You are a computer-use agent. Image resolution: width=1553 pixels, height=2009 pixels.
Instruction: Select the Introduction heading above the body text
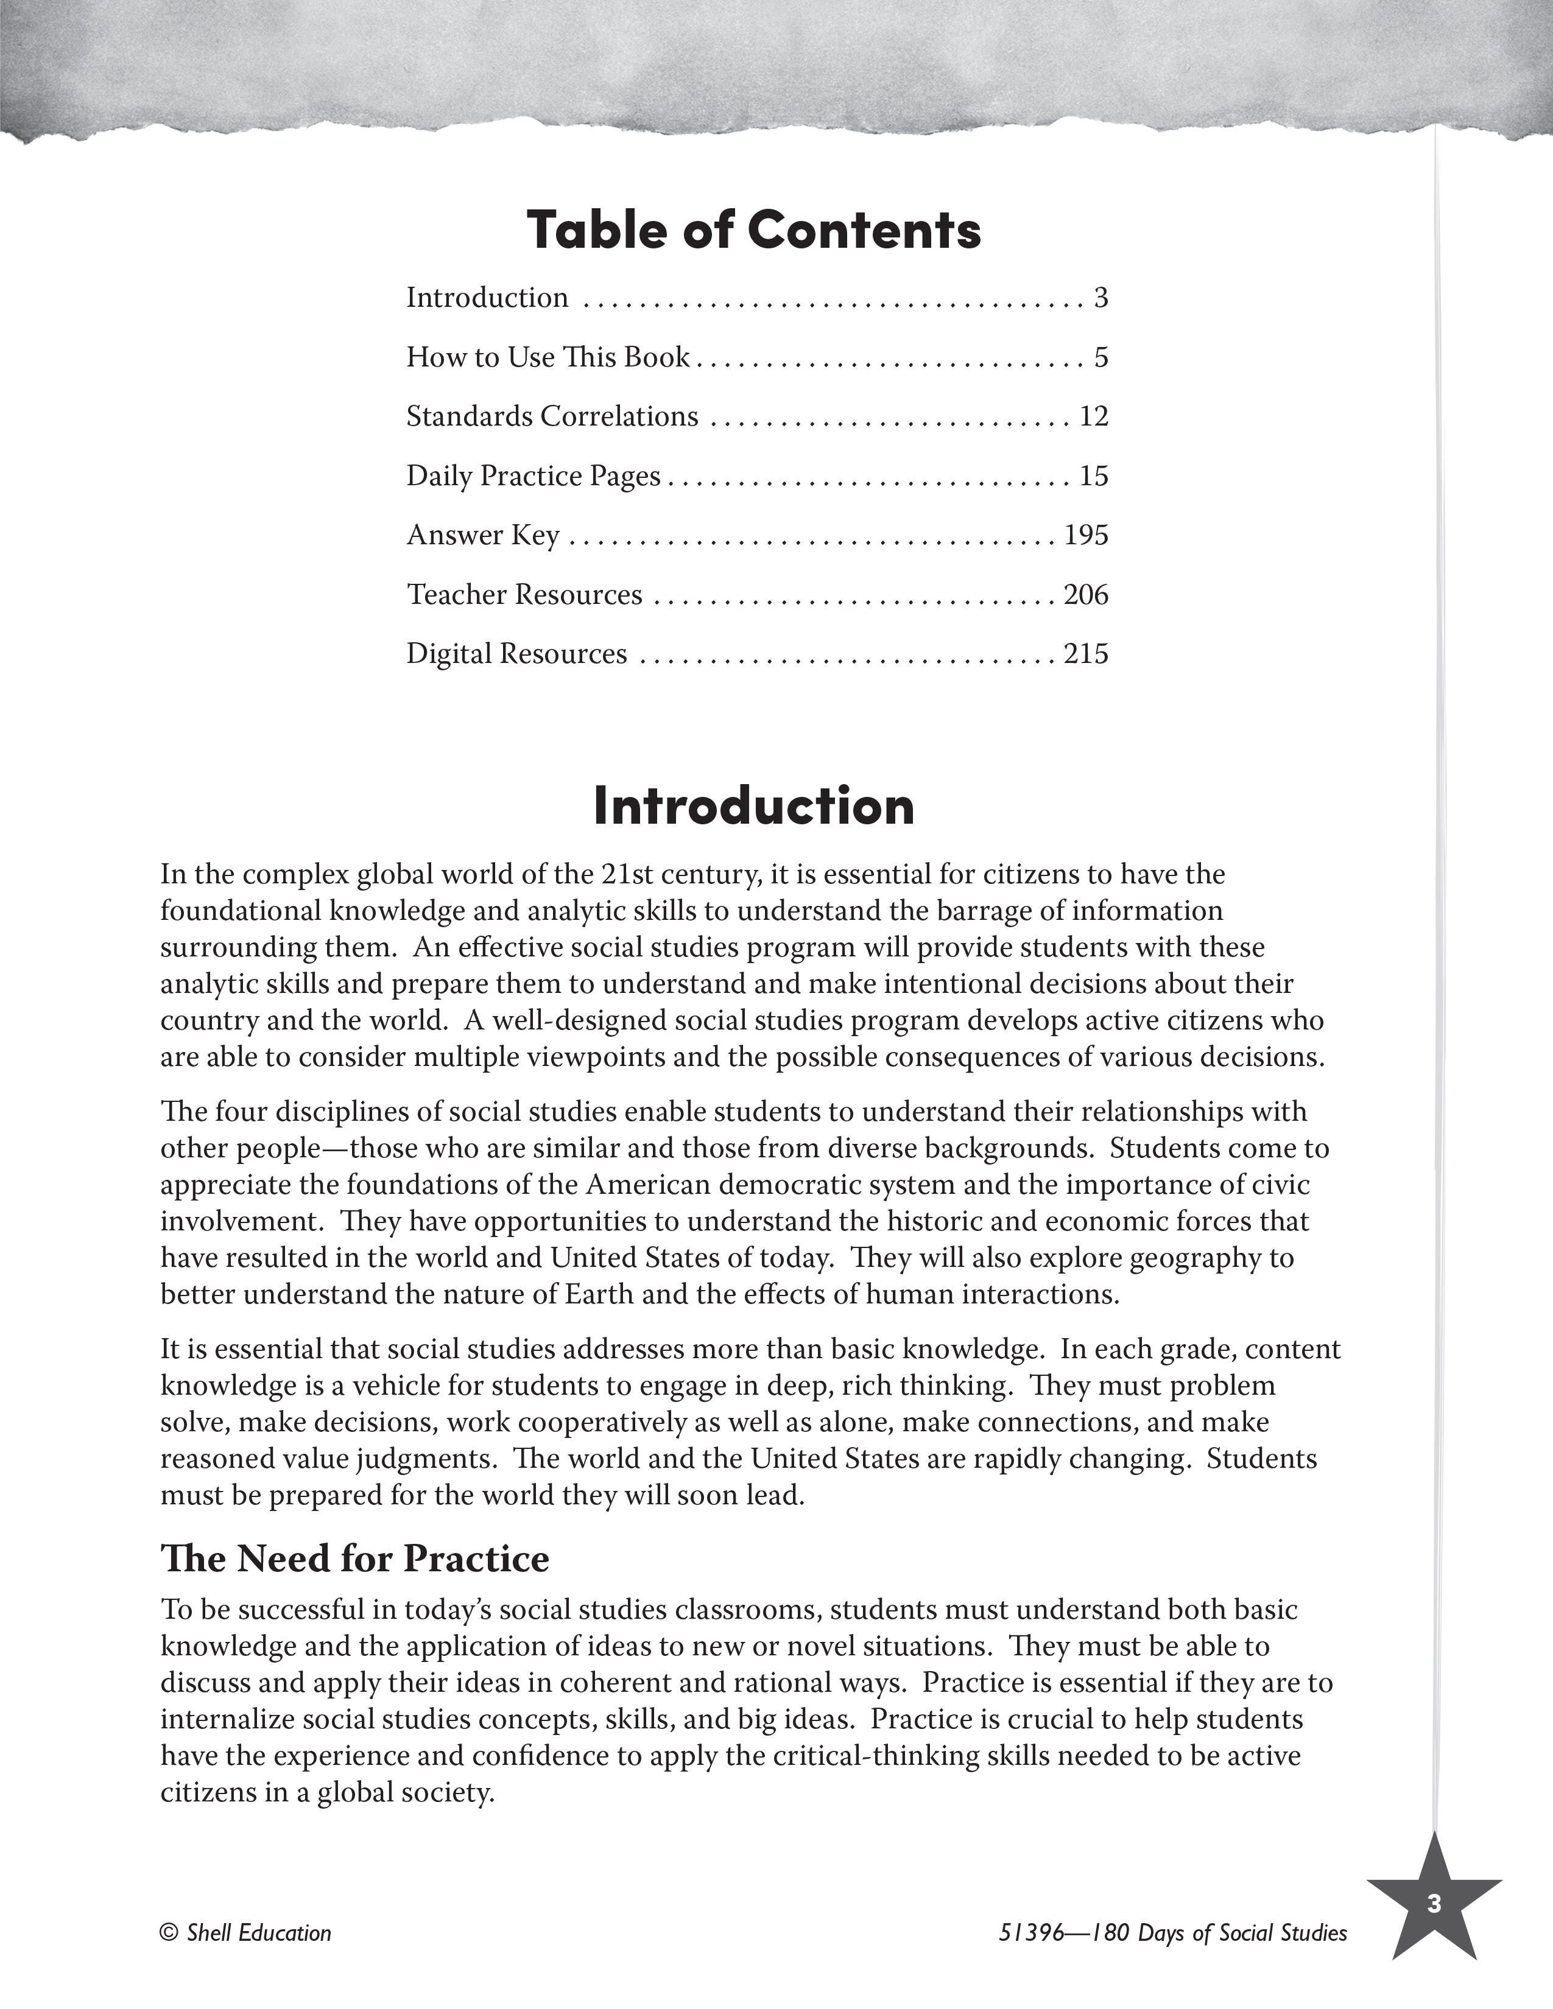(753, 806)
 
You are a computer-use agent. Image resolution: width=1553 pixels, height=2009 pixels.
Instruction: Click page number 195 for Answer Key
(1086, 535)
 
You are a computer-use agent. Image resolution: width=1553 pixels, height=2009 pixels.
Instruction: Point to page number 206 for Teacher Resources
(1086, 595)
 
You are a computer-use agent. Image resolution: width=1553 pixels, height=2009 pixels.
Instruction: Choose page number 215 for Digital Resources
(1086, 654)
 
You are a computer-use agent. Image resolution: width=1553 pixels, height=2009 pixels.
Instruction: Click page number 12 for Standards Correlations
(1094, 416)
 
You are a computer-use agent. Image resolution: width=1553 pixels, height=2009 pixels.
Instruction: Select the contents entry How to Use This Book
(548, 357)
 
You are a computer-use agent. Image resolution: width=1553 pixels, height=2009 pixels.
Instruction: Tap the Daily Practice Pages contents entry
(534, 475)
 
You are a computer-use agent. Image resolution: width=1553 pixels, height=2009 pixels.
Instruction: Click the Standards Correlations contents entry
(552, 416)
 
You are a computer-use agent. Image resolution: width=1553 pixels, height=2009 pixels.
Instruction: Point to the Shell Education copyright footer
(245, 1934)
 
